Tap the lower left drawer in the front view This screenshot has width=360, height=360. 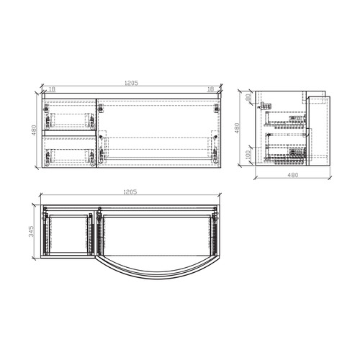click(x=69, y=152)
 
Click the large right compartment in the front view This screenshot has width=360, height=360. click(x=159, y=133)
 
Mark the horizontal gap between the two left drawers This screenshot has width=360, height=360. click(x=69, y=134)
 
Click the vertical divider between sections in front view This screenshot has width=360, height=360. click(x=96, y=133)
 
